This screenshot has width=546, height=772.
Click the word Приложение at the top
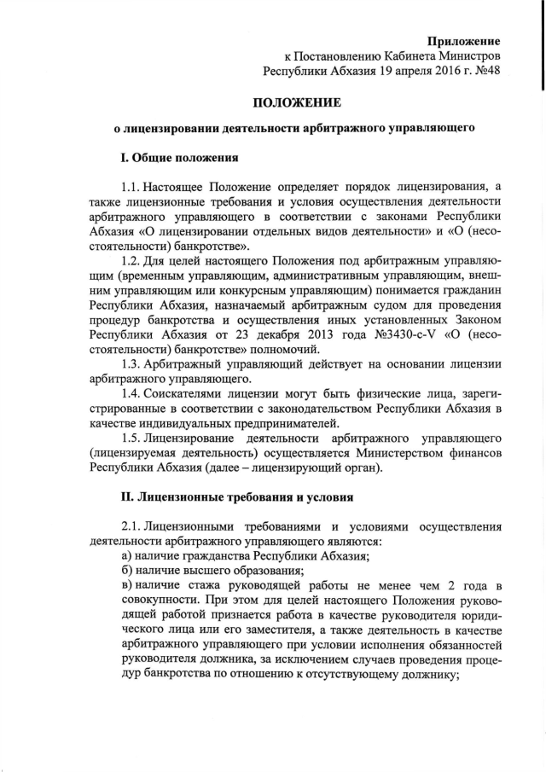click(463, 40)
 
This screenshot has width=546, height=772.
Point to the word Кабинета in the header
click(403, 55)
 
